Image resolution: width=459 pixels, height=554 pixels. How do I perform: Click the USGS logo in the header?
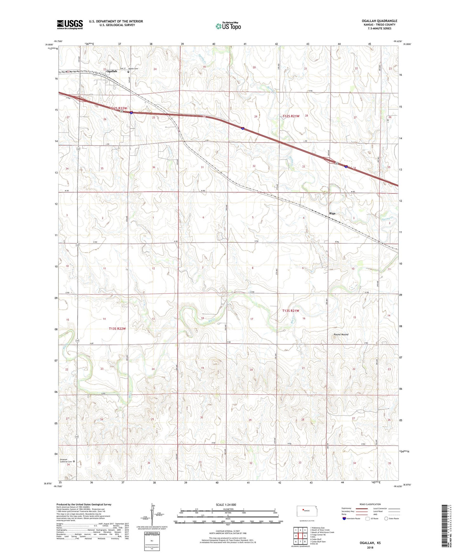click(70, 24)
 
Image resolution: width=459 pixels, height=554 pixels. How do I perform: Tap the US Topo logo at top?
click(228, 26)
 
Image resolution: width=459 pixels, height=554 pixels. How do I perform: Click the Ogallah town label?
click(112, 71)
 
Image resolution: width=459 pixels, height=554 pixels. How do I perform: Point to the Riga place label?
click(332, 213)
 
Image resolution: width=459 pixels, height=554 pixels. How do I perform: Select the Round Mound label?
click(341, 334)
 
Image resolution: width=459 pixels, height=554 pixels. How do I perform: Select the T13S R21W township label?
click(291, 311)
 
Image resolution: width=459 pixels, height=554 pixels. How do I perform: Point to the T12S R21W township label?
click(291, 116)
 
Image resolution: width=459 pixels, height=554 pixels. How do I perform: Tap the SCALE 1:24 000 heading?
click(226, 505)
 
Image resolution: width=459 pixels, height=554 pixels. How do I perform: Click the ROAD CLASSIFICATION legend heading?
click(370, 504)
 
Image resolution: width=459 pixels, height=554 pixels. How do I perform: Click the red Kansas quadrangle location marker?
click(303, 511)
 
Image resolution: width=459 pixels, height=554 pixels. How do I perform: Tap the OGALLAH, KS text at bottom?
click(370, 543)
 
